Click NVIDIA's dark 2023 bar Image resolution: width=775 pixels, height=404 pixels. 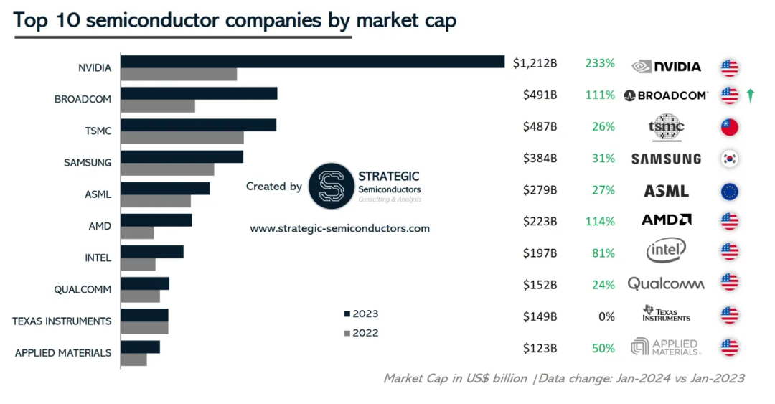tap(312, 62)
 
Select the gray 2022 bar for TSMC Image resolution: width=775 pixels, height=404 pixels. tap(182, 138)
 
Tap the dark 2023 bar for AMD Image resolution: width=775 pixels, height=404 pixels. tap(156, 220)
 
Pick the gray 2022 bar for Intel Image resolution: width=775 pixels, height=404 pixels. tap(138, 264)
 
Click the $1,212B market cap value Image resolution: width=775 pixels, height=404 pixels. tap(535, 63)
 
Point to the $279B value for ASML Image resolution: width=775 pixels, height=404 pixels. tap(540, 190)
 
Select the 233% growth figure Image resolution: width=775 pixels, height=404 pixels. tap(600, 63)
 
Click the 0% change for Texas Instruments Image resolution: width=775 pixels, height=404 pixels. tap(606, 316)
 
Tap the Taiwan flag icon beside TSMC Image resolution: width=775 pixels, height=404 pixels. tap(730, 127)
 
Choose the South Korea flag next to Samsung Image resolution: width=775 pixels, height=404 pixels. tap(730, 159)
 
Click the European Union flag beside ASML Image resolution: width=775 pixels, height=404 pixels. tap(730, 191)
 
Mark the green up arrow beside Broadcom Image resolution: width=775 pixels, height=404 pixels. tap(750, 95)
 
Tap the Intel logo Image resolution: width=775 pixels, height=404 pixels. tap(666, 250)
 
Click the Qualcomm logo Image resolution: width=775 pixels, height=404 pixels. tap(666, 283)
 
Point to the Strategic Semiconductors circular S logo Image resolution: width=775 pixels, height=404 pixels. tap(331, 187)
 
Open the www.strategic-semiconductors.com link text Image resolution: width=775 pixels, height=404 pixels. tap(339, 229)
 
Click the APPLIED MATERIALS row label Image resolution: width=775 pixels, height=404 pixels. tap(63, 353)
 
